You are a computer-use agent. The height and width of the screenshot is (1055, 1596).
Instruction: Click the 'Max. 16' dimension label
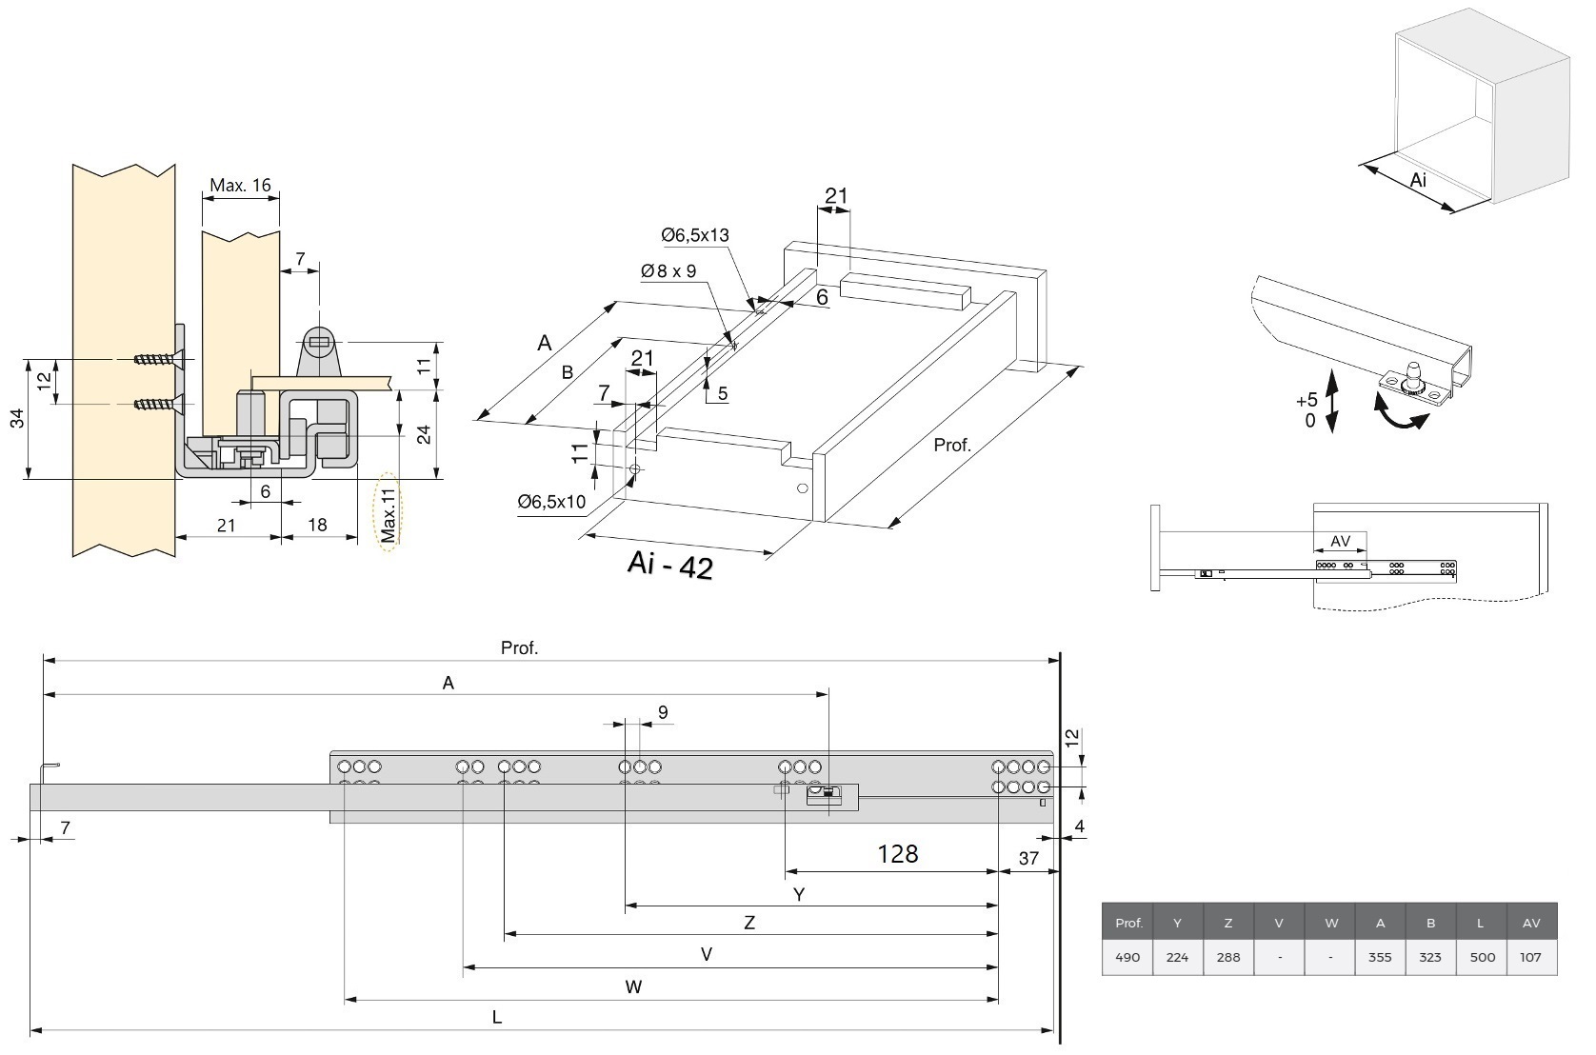point(240,186)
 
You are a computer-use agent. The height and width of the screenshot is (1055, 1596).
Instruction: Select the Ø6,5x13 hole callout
point(695,235)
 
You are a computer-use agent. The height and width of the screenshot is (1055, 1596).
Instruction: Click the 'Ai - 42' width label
point(669,566)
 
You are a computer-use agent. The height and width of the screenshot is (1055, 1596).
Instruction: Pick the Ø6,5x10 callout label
point(551,502)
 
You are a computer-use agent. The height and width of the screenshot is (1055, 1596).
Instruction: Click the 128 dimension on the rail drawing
point(897,853)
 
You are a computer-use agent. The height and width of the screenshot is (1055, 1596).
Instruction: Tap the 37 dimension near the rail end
point(1028,858)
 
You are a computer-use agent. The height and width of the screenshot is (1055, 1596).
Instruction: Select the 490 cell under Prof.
point(1127,957)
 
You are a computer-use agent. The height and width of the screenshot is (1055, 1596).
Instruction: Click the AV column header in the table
point(1531,923)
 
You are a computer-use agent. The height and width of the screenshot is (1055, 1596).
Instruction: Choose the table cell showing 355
point(1380,957)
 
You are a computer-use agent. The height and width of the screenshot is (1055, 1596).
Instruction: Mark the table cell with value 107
point(1531,957)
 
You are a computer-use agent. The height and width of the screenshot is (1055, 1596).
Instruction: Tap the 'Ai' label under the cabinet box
point(1418,180)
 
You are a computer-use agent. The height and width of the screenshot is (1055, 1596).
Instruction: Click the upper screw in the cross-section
point(154,360)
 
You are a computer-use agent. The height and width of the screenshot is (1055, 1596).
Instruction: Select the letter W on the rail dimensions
point(633,986)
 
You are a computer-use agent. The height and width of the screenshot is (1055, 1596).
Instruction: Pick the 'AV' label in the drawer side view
point(1340,541)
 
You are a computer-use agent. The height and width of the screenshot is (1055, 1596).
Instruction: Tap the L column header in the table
point(1481,923)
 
